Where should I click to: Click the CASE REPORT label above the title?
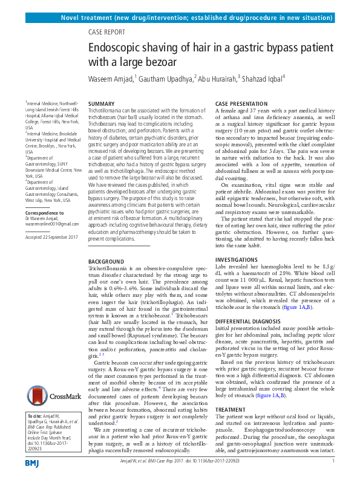(x=110, y=34)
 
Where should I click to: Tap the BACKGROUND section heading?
(x=106, y=261)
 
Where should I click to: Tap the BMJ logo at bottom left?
(x=31, y=462)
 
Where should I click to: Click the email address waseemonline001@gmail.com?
(x=53, y=224)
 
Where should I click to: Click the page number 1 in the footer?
(x=333, y=461)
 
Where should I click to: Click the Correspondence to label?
(x=46, y=212)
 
